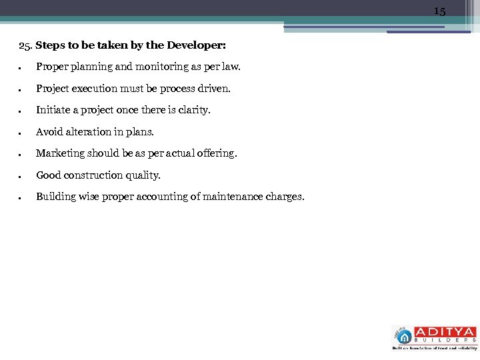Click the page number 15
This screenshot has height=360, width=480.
439,11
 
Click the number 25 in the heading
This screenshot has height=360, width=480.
24,46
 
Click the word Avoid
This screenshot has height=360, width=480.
49,132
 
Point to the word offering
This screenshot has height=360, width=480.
216,153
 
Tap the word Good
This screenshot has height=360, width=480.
48,175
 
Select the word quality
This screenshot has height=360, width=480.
142,175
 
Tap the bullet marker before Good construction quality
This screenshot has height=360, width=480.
21,176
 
